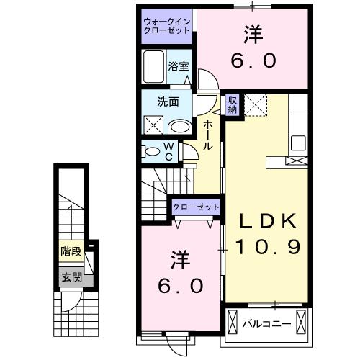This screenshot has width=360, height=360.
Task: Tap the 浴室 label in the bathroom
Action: click(x=179, y=66)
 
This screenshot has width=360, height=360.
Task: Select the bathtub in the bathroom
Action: click(x=154, y=68)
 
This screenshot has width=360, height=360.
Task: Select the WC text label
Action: click(x=168, y=152)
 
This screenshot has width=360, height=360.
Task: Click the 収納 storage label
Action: click(x=233, y=104)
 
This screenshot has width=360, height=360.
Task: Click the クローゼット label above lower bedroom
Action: click(x=195, y=207)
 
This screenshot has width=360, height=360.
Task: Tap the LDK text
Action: click(x=267, y=220)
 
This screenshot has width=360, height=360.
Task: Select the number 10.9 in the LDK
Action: click(x=267, y=246)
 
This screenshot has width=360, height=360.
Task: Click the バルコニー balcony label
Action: click(x=267, y=324)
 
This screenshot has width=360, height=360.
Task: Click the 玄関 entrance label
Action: click(x=70, y=276)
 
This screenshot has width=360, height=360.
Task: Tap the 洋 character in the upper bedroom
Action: click(x=253, y=34)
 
